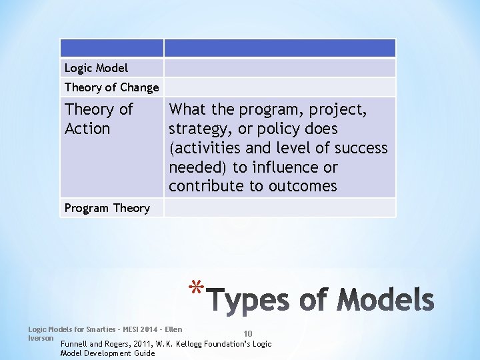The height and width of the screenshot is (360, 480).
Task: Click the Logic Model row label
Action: point(96,68)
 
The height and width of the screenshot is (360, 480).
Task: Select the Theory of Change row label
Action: point(111,87)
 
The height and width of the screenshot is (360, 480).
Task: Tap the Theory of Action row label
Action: point(99,119)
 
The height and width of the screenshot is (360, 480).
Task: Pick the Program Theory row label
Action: point(107,208)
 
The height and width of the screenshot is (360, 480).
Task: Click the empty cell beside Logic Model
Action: point(279,68)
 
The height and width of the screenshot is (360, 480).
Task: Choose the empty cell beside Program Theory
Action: point(279,208)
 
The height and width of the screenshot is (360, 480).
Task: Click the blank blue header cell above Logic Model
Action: point(111,48)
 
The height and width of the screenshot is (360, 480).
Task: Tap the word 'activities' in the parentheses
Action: point(205,148)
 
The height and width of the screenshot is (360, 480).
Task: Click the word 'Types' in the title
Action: point(249,301)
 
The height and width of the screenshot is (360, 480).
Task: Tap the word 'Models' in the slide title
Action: point(385,301)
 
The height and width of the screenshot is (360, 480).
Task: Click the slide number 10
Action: point(247,334)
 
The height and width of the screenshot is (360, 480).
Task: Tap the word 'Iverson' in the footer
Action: point(40,337)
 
